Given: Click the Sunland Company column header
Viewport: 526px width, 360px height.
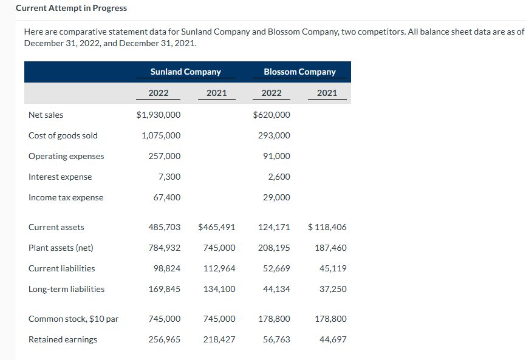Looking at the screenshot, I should tap(185, 72).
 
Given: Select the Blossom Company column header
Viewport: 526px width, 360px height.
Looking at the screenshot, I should tap(299, 72).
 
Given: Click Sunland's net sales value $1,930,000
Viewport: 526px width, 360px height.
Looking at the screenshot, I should tap(159, 115).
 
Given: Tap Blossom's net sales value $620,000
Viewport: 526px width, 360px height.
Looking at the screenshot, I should tap(272, 115).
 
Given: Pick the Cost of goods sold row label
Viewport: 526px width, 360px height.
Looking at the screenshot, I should tap(63, 135).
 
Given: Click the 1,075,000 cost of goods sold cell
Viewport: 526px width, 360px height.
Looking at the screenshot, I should tap(161, 135).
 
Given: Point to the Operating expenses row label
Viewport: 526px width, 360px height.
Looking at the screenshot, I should tap(66, 156).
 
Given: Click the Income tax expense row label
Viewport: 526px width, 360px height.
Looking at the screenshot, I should tap(66, 197).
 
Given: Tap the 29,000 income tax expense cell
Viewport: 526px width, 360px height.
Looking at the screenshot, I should tap(276, 197).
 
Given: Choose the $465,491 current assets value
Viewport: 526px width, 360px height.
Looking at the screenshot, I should tap(217, 227).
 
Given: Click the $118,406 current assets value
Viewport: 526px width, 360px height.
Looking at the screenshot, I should tap(327, 227).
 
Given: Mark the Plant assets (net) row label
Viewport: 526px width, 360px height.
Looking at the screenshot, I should tap(61, 248).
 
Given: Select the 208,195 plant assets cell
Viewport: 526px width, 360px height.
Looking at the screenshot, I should tap(274, 248).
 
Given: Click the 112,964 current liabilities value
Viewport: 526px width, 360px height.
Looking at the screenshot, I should tap(219, 268).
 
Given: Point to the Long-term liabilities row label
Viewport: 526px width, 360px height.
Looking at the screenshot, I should tap(66, 289).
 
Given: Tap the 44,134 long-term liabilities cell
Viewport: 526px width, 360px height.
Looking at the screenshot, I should tap(276, 289).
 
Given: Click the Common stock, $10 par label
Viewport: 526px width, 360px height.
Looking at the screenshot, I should tap(73, 319).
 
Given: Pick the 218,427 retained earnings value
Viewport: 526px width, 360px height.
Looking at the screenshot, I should tap(219, 339).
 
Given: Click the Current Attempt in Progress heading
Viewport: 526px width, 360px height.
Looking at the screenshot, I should tap(71, 8).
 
